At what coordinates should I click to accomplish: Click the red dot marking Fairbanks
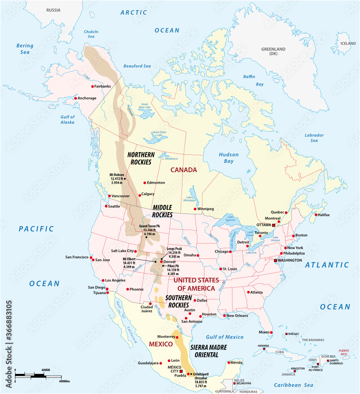pos(93,86)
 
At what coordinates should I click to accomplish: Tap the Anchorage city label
pos(87,98)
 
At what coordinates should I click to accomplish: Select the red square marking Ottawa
pos(273,225)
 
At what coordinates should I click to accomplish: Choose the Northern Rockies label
pos(141,158)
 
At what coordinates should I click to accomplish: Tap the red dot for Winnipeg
pos(195,209)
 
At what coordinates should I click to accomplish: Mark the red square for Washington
pos(276,260)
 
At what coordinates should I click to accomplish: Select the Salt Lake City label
pos(122,251)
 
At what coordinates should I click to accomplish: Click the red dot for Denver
pos(161,262)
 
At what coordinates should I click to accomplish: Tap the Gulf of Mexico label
pos(225,337)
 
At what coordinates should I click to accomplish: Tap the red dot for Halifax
pos(316,215)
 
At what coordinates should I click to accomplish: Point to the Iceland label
pos(348,43)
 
